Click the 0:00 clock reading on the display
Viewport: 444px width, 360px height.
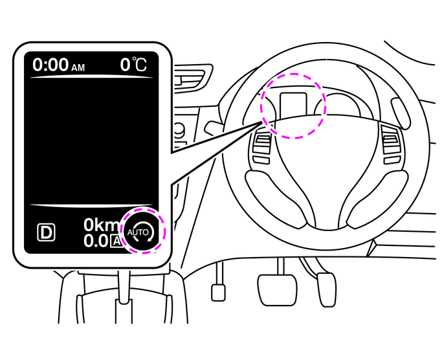51,65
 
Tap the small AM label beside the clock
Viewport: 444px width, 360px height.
78,67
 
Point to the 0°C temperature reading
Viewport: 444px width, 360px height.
133,65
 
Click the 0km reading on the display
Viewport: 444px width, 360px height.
101,225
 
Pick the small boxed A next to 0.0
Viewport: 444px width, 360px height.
115,242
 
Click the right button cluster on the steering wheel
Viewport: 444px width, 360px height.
391,144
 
